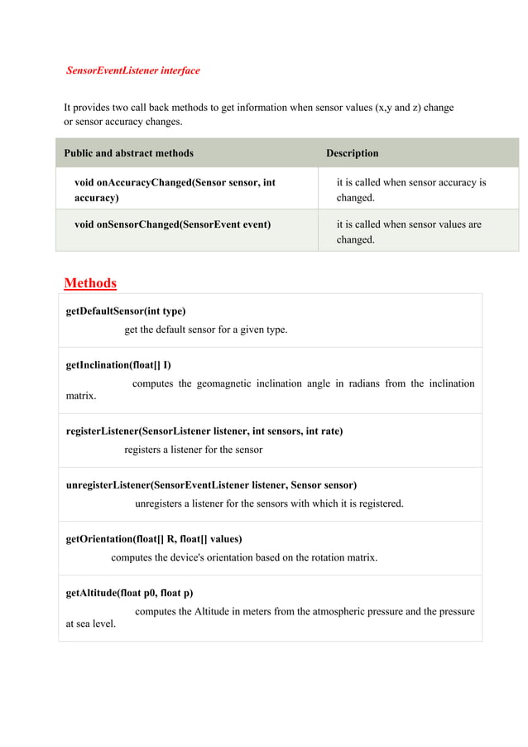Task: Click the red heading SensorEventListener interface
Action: pos(132,70)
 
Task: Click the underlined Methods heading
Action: pos(90,283)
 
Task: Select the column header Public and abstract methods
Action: pos(129,153)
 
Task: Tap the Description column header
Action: pos(352,153)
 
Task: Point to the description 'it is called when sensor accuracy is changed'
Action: pos(410,190)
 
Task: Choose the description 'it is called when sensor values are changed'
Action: pos(408,232)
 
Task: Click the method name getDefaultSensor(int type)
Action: pos(126,311)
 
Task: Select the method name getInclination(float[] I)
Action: pos(118,365)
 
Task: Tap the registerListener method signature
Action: pos(204,431)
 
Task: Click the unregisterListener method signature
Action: pos(211,485)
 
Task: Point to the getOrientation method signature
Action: pos(154,539)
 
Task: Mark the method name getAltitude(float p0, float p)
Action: pos(129,593)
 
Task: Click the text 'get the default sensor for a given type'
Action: pos(206,330)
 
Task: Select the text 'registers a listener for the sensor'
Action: pos(193,450)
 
